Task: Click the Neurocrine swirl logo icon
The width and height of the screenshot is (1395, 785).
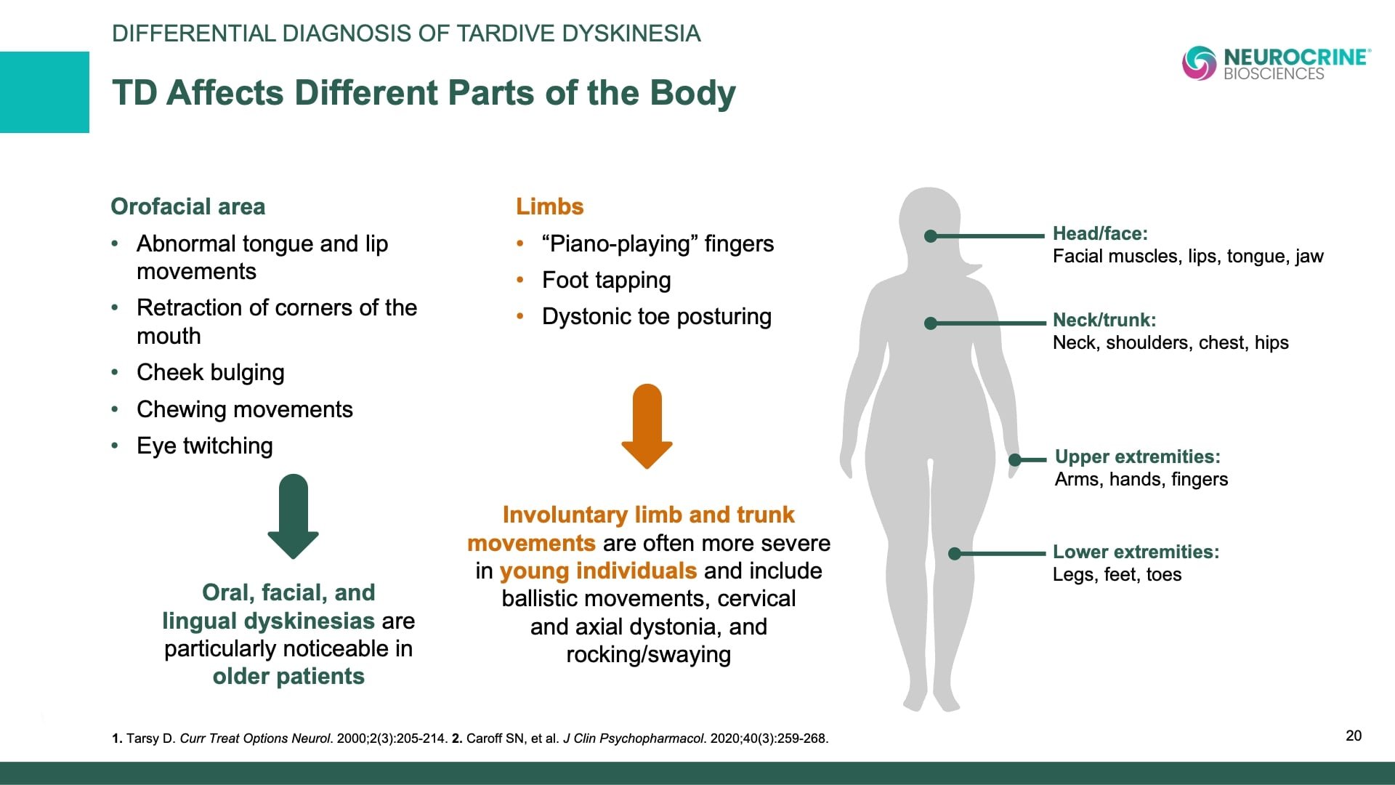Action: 1199,63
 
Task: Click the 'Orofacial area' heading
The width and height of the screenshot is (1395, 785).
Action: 187,206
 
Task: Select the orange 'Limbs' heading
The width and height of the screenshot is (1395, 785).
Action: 549,206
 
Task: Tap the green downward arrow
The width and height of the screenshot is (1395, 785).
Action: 293,516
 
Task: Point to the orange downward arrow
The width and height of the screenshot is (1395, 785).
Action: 647,426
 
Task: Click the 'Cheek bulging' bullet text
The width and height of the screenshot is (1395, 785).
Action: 211,372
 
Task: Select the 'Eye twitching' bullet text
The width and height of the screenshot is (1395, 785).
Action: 205,446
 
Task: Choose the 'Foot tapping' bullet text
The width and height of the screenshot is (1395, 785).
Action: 607,280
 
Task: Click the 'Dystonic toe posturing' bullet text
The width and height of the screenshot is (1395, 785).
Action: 657,316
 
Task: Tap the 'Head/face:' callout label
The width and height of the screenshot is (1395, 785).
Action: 1100,233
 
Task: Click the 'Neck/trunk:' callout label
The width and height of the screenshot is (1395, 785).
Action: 1104,320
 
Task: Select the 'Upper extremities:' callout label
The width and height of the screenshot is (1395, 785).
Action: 1138,456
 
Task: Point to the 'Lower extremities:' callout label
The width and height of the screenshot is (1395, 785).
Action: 1136,552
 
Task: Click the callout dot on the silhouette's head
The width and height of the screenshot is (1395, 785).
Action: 931,235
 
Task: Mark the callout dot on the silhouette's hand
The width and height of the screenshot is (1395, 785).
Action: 1016,459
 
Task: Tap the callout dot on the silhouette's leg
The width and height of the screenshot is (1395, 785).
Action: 955,554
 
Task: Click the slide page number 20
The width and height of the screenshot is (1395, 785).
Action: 1354,736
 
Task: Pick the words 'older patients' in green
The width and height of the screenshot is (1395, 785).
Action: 288,676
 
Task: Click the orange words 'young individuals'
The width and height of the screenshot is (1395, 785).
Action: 598,571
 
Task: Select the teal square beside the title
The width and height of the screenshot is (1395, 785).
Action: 44,92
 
